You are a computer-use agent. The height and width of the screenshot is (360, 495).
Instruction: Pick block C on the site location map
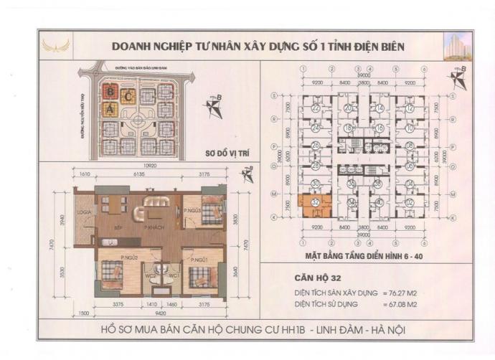click(x=128, y=95)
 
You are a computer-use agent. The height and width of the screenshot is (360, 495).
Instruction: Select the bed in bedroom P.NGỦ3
click(x=211, y=213)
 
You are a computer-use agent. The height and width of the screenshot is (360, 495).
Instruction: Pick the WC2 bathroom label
click(x=151, y=276)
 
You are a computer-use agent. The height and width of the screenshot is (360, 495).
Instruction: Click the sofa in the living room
click(x=156, y=202)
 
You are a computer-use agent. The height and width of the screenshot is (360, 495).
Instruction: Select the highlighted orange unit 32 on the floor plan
click(x=316, y=204)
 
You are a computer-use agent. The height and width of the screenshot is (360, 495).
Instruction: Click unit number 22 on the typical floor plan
click(x=316, y=108)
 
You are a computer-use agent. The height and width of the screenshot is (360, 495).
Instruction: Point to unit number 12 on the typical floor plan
click(x=409, y=108)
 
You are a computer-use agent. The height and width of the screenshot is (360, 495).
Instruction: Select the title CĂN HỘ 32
click(x=319, y=280)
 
